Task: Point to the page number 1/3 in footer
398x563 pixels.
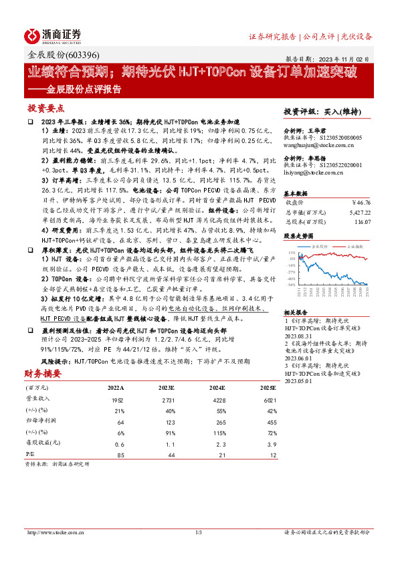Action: (x=198, y=533)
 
